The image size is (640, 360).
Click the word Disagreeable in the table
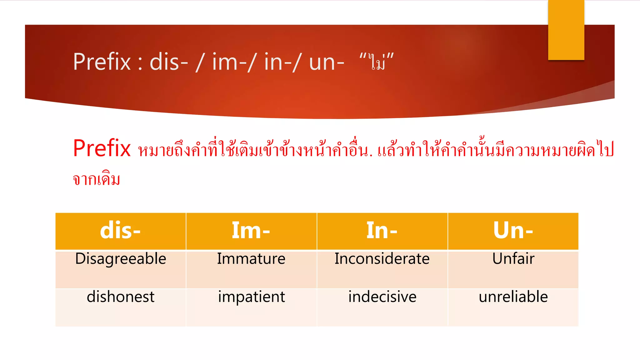[121, 259]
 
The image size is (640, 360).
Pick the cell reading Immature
[251, 259]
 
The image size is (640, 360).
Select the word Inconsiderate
[382, 259]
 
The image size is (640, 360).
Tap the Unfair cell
[513, 259]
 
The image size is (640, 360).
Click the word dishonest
[121, 297]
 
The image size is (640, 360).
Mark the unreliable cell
[513, 297]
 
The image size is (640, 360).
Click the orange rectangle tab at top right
[566, 30]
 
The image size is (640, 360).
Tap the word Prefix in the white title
[102, 62]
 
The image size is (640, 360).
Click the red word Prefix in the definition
[102, 148]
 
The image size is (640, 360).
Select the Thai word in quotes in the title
[377, 62]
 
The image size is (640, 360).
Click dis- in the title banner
[169, 62]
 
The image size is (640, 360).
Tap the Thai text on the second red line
[97, 179]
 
